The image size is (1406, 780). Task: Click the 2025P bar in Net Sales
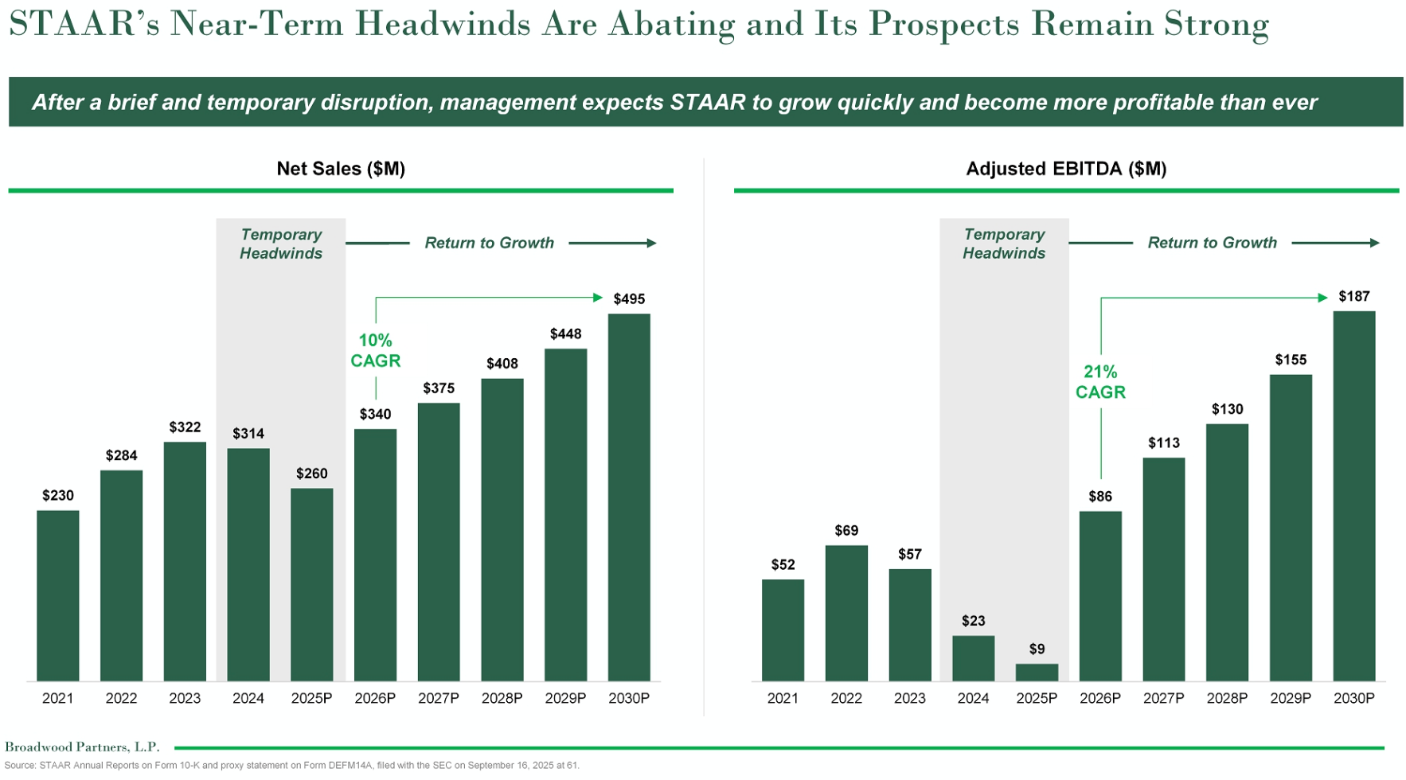pyautogui.click(x=311, y=585)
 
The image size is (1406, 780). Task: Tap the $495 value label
pyautogui.click(x=629, y=299)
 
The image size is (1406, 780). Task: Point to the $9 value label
pyautogui.click(x=1037, y=649)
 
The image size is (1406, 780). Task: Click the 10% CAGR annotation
pyautogui.click(x=375, y=351)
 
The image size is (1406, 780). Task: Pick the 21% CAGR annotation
pyautogui.click(x=1100, y=382)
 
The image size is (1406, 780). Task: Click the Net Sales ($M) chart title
pyautogui.click(x=341, y=169)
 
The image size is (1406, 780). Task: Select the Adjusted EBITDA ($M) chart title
pyautogui.click(x=1066, y=169)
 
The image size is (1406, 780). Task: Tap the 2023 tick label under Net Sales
pyautogui.click(x=185, y=698)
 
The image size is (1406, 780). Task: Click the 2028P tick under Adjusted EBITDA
pyautogui.click(x=1227, y=698)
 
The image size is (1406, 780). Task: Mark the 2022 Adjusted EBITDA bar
pyautogui.click(x=846, y=613)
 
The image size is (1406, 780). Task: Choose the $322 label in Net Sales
pyautogui.click(x=185, y=427)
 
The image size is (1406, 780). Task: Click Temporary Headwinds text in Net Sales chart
pyautogui.click(x=281, y=244)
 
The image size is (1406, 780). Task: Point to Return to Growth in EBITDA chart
pyautogui.click(x=1212, y=243)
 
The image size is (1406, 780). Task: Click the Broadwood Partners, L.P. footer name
pyautogui.click(x=82, y=747)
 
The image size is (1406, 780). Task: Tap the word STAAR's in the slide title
pyautogui.click(x=84, y=24)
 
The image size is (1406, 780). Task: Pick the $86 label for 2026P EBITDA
pyautogui.click(x=1100, y=497)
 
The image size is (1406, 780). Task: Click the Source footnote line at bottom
pyautogui.click(x=291, y=766)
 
